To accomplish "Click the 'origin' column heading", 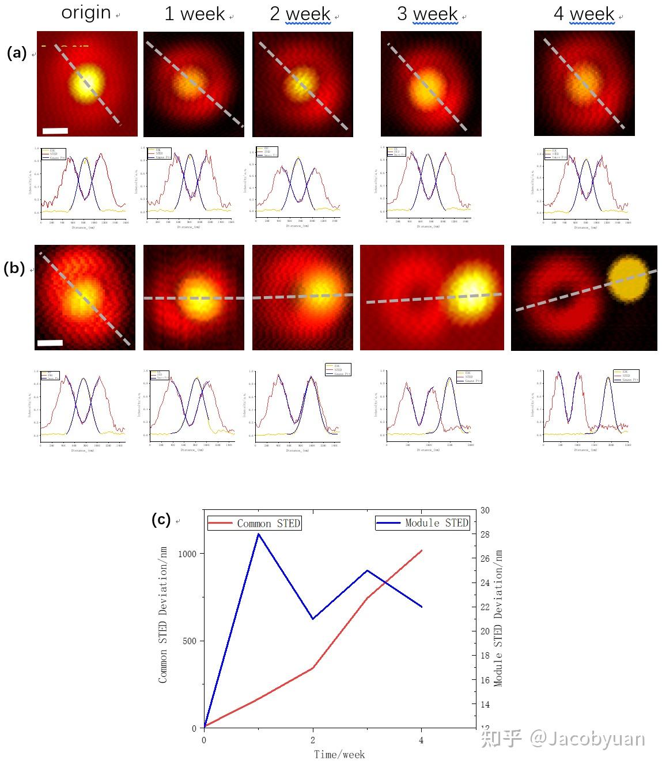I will [x=86, y=12].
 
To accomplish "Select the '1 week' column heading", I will [x=194, y=14].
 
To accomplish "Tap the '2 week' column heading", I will [x=300, y=14].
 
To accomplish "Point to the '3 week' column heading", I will [x=428, y=14].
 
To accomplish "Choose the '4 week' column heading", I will [x=584, y=14].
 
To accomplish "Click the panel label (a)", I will [x=17, y=53].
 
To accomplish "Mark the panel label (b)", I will [x=14, y=268].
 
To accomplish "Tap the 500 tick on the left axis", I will [x=190, y=641].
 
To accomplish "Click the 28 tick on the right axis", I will [x=485, y=535].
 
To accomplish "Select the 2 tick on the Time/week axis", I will [x=313, y=740].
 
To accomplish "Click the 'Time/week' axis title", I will [x=339, y=754].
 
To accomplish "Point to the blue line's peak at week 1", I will [x=259, y=534].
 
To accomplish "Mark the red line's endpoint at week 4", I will [x=422, y=550].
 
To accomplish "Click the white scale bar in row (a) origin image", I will [x=55, y=131].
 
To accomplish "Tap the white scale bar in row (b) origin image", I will [x=50, y=343].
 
